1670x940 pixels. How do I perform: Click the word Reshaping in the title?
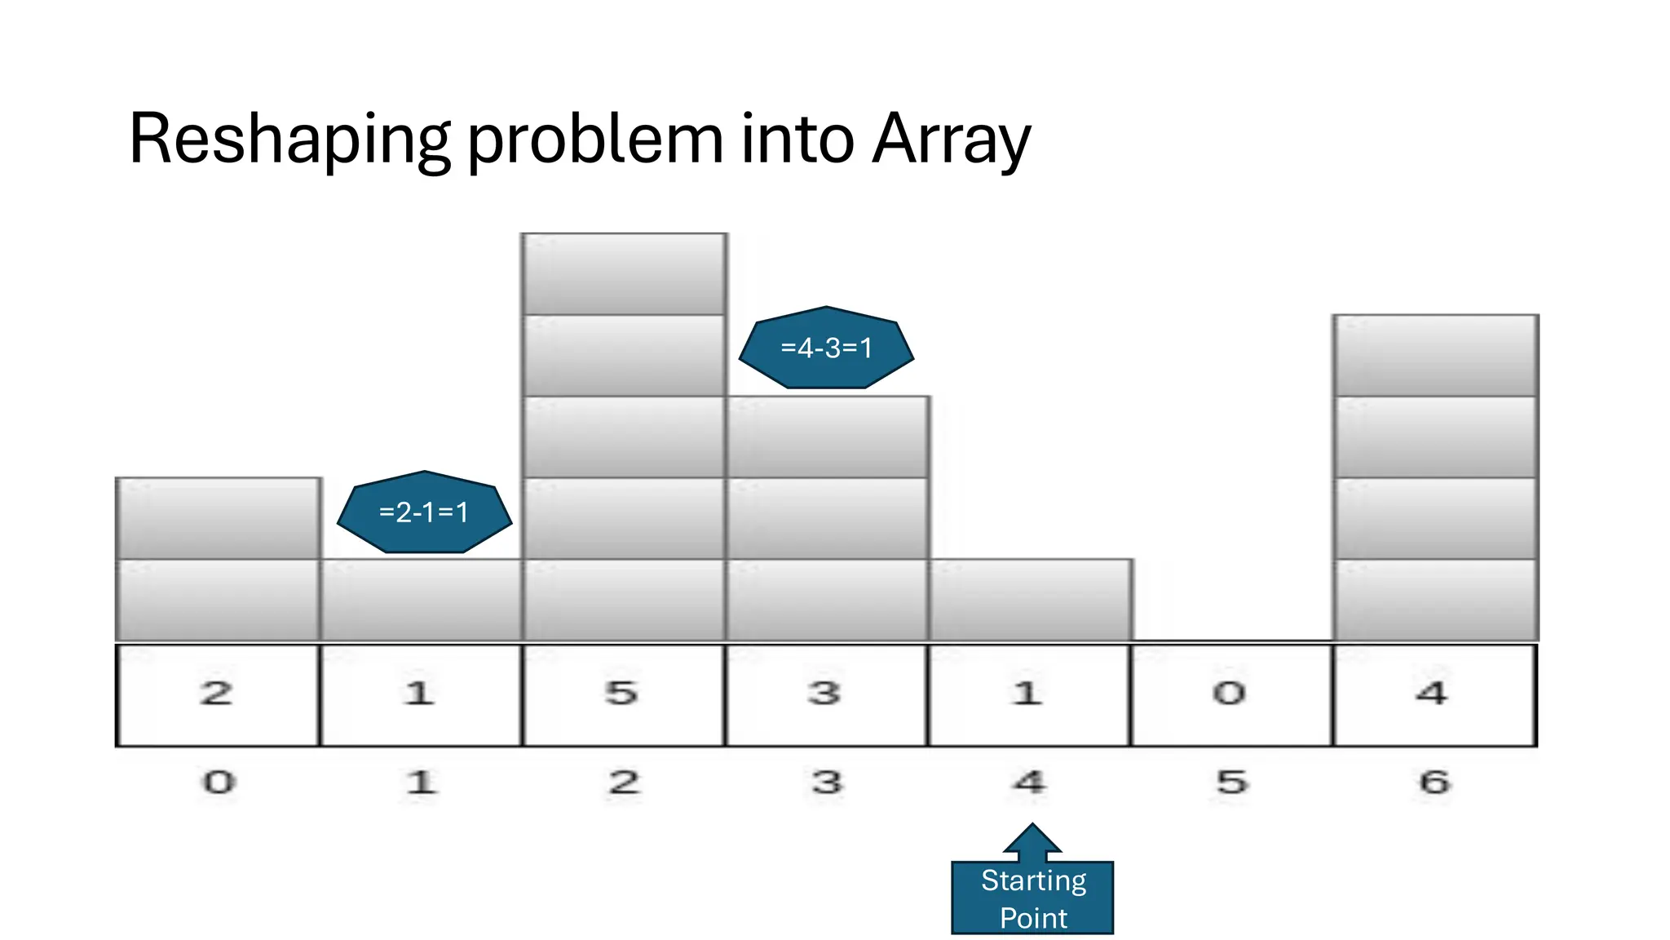[289, 140]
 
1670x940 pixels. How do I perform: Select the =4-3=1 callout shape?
[826, 348]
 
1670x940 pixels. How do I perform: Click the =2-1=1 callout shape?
[424, 512]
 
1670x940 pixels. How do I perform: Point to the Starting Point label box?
[1032, 898]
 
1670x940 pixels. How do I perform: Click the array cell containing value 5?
[623, 694]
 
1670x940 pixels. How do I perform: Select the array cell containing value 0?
[1230, 694]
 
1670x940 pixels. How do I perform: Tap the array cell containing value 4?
[1434, 694]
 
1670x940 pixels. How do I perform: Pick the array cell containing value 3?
[825, 694]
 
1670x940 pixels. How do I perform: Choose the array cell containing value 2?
[217, 694]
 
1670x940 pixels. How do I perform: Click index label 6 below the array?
[1434, 783]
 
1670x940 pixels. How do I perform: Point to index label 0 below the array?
[219, 783]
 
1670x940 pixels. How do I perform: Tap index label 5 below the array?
[1232, 783]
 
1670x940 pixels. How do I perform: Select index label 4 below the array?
[1029, 783]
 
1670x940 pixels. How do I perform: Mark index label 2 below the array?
[624, 783]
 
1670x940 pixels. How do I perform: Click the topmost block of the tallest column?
[624, 273]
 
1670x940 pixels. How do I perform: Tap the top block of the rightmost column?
[1435, 355]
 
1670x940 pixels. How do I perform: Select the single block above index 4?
[1030, 600]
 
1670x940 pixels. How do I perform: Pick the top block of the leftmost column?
[218, 518]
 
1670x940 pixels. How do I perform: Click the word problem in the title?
[594, 140]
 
